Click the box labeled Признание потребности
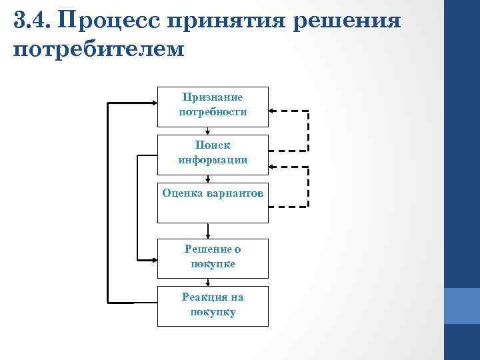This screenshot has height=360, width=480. (213, 106)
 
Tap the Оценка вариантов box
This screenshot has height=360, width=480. (213, 201)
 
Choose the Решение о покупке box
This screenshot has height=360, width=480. (213, 258)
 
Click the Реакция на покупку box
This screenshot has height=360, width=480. (213, 306)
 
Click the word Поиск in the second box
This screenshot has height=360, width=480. (213, 145)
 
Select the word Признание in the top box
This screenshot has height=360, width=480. (213, 97)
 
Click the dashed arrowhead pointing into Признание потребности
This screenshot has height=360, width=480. (274, 110)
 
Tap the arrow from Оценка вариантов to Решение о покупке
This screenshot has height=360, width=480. (209, 231)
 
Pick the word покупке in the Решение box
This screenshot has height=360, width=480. (213, 264)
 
